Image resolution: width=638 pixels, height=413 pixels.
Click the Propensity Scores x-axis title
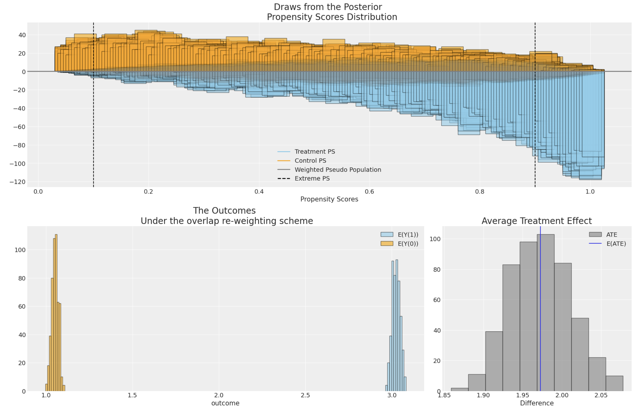point(329,199)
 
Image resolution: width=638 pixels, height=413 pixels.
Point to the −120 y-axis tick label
point(18,182)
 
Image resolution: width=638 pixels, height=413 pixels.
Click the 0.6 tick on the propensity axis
point(369,192)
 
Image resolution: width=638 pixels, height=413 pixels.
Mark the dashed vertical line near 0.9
point(535,121)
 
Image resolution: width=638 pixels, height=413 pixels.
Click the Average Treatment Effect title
point(536,221)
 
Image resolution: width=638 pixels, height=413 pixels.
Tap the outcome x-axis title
point(225,403)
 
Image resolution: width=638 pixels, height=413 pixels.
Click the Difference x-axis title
point(537,403)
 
